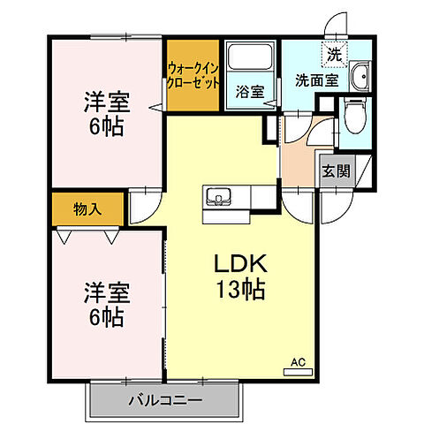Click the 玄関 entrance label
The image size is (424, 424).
(x=330, y=171)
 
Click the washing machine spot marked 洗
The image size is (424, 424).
(x=333, y=54)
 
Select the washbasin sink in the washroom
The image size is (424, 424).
(x=360, y=76)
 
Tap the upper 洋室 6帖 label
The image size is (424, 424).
(x=106, y=113)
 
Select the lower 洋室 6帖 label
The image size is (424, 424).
(x=106, y=300)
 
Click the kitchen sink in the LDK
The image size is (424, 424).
(x=217, y=195)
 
